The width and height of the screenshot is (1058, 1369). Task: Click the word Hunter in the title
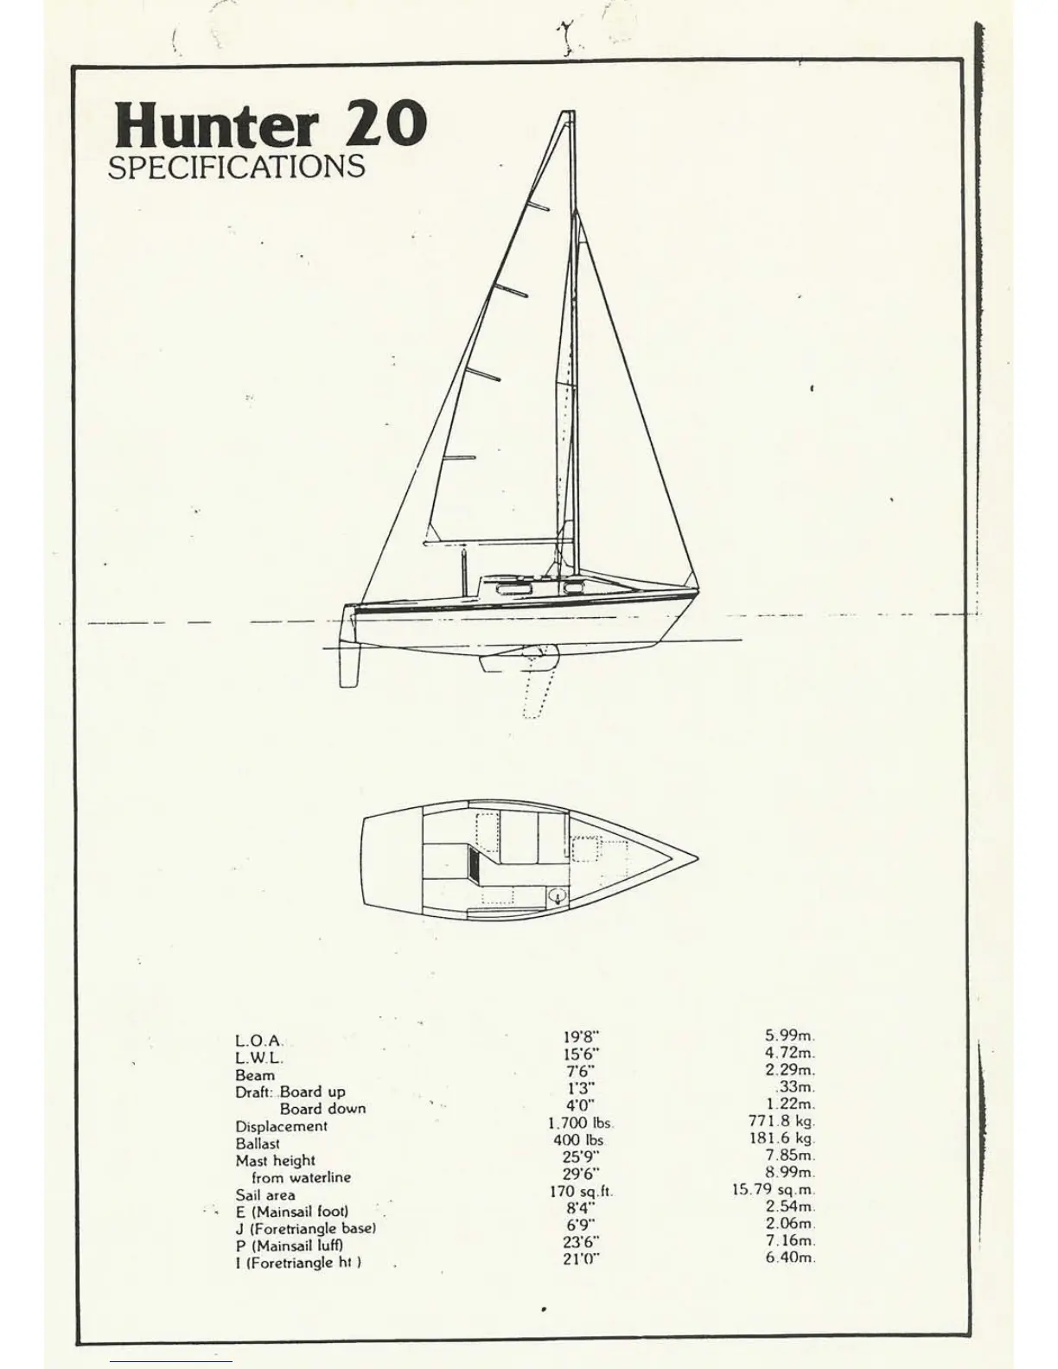[215, 125]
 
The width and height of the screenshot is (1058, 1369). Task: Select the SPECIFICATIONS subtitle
[236, 167]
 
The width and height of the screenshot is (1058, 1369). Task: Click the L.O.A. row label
[258, 1042]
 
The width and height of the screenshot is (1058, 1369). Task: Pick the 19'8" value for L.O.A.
[581, 1037]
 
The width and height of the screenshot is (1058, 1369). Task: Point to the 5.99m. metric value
[790, 1035]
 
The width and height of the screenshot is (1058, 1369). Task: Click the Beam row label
[255, 1076]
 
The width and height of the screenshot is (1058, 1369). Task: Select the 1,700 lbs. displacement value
[580, 1124]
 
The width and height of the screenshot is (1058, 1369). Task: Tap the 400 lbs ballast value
[578, 1141]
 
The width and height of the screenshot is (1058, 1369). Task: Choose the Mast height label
[275, 1161]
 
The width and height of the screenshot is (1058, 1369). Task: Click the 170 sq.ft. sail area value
[580, 1192]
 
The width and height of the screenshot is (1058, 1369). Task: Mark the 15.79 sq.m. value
[774, 1190]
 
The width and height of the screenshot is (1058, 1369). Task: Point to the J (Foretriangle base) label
[305, 1229]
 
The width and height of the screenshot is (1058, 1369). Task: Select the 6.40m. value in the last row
[790, 1258]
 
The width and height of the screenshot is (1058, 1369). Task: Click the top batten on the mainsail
[539, 207]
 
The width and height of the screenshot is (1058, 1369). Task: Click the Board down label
[322, 1109]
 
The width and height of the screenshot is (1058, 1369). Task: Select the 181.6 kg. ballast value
[781, 1139]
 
